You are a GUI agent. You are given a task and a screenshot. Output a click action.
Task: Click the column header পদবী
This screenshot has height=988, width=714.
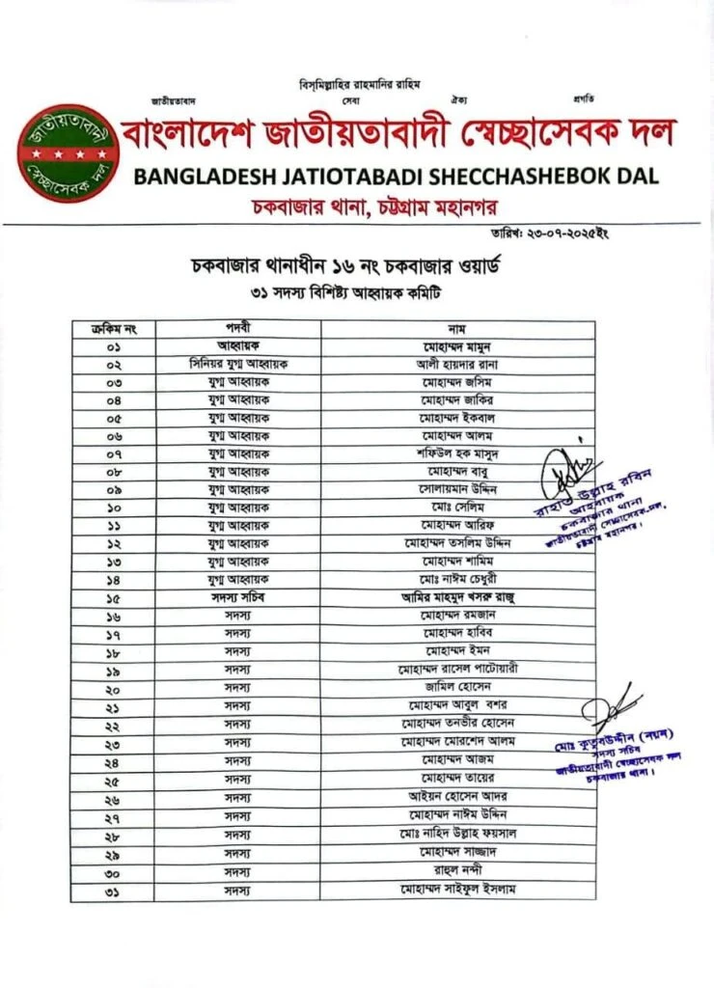coord(239,328)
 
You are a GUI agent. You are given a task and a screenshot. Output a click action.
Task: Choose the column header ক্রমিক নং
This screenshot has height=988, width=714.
coord(114,328)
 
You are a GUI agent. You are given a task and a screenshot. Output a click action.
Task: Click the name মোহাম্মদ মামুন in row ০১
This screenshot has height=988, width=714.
coord(457,345)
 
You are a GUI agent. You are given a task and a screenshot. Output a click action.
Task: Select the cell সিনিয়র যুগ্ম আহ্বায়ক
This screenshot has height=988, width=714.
coord(239,364)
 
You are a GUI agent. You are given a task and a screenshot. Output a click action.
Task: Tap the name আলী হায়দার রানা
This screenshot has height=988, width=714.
coord(457,364)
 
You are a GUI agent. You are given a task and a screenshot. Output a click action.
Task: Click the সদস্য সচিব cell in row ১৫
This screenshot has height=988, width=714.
coord(239,597)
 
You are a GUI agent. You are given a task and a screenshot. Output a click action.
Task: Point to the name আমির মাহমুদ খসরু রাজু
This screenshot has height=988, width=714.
coord(457,597)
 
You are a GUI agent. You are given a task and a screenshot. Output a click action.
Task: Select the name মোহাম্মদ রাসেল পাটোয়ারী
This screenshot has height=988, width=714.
coord(457,670)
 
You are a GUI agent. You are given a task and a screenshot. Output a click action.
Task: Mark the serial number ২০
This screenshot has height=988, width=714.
coord(114,690)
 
